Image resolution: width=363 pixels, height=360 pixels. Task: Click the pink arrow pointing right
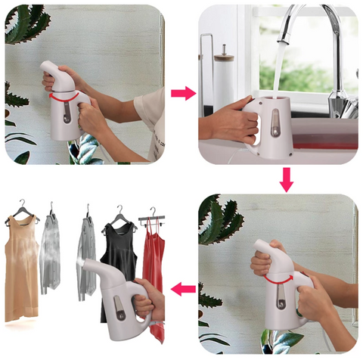pyautogui.click(x=182, y=93)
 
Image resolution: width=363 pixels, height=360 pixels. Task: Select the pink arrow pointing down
pyautogui.click(x=285, y=180)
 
